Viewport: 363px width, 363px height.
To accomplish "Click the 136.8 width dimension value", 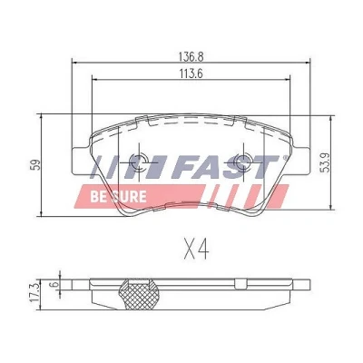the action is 191,56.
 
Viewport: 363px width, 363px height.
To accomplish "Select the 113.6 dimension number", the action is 191,74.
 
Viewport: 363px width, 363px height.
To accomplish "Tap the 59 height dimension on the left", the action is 36,164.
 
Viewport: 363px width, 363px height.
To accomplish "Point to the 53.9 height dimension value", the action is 326,162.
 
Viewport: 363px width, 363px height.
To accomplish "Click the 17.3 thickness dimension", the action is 35,290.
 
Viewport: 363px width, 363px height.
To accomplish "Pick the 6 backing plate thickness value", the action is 54,284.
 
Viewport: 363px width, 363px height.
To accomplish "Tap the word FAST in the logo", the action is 224,167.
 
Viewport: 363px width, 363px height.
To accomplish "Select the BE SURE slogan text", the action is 118,197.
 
